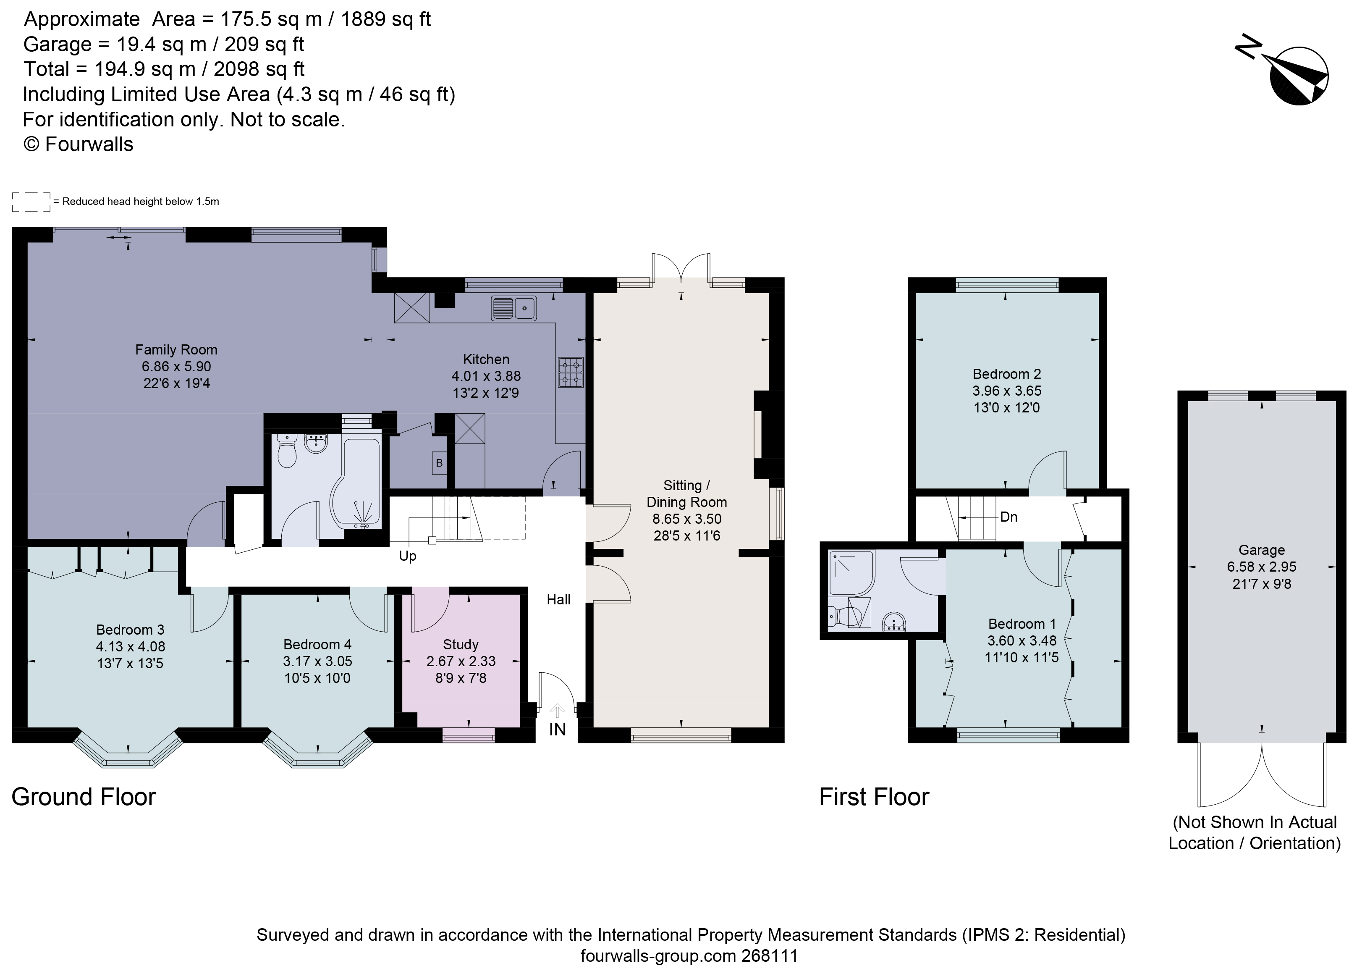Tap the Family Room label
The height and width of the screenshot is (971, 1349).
pos(176,350)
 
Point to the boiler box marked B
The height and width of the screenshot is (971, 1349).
pos(440,463)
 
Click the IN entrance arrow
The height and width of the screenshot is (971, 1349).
pos(557,711)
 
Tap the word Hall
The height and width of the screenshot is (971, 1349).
pos(558,600)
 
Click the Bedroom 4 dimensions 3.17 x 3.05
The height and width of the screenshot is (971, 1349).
pos(317,661)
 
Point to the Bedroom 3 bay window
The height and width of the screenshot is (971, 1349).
pos(128,751)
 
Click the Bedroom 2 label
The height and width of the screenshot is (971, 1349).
pos(1006,374)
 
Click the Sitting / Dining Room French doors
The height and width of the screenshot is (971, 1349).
pos(681,268)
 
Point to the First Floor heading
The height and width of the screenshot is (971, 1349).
pos(874,797)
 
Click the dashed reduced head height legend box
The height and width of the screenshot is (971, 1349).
pos(31,202)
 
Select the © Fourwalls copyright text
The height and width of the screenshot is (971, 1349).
pos(79,144)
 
